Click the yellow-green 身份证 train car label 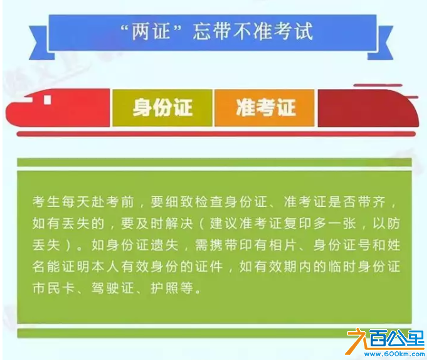[162, 107]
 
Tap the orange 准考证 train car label [265, 107]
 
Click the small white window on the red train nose [48, 100]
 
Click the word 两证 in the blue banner [151, 32]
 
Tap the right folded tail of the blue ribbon [381, 43]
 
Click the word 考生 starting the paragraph [46, 202]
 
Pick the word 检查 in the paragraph [209, 202]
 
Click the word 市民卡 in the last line [54, 288]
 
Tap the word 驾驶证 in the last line [113, 288]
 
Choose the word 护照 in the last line [165, 288]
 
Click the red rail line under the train [216, 134]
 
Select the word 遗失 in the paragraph [165, 245]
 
